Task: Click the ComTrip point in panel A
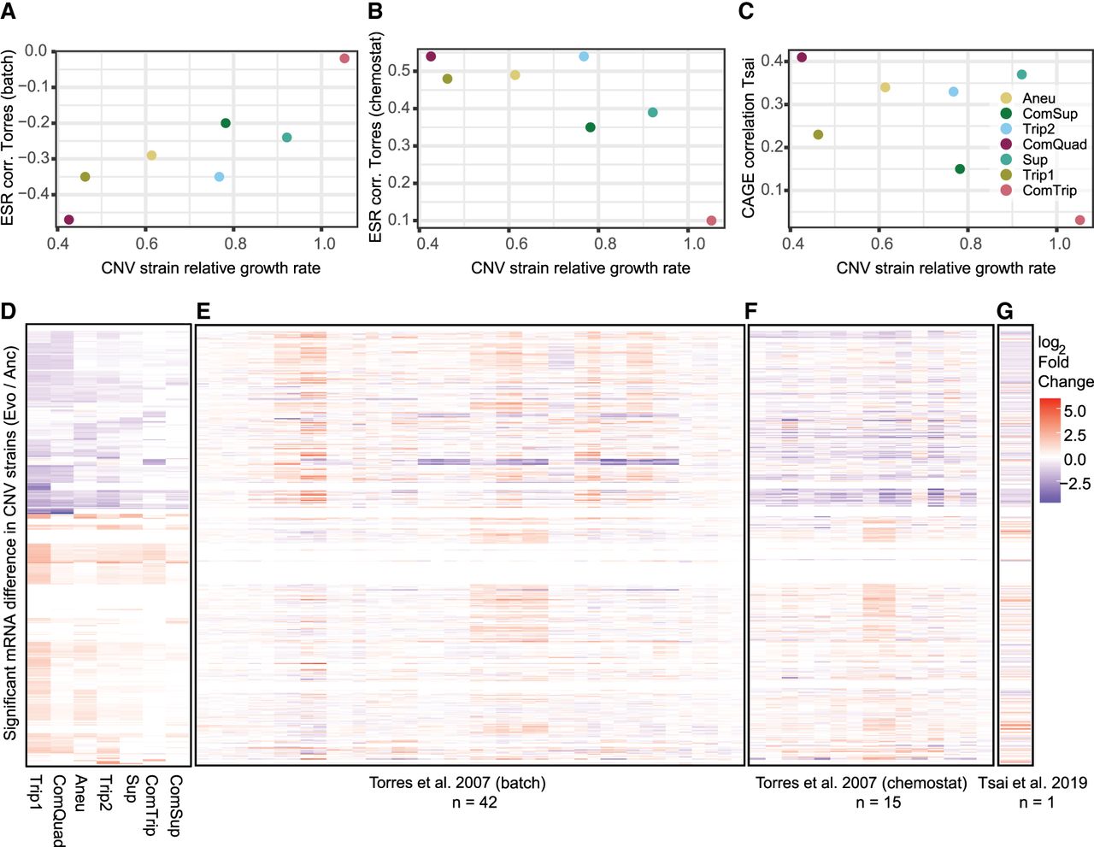tap(344, 58)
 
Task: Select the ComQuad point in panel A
tap(68, 220)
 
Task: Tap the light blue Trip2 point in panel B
tap(584, 56)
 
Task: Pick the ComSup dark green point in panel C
tap(960, 169)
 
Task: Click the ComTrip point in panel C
tap(1079, 220)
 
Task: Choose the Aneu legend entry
tap(1038, 98)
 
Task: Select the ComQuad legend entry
tap(1054, 144)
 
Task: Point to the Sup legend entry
tap(1034, 160)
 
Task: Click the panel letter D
tap(9, 310)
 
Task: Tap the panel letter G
tap(1005, 310)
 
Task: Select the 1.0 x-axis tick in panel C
tap(1059, 244)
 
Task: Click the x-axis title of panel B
tap(580, 268)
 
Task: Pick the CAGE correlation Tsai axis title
tap(749, 137)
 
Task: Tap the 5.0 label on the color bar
tap(1074, 411)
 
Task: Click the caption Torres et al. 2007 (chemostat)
tap(861, 783)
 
